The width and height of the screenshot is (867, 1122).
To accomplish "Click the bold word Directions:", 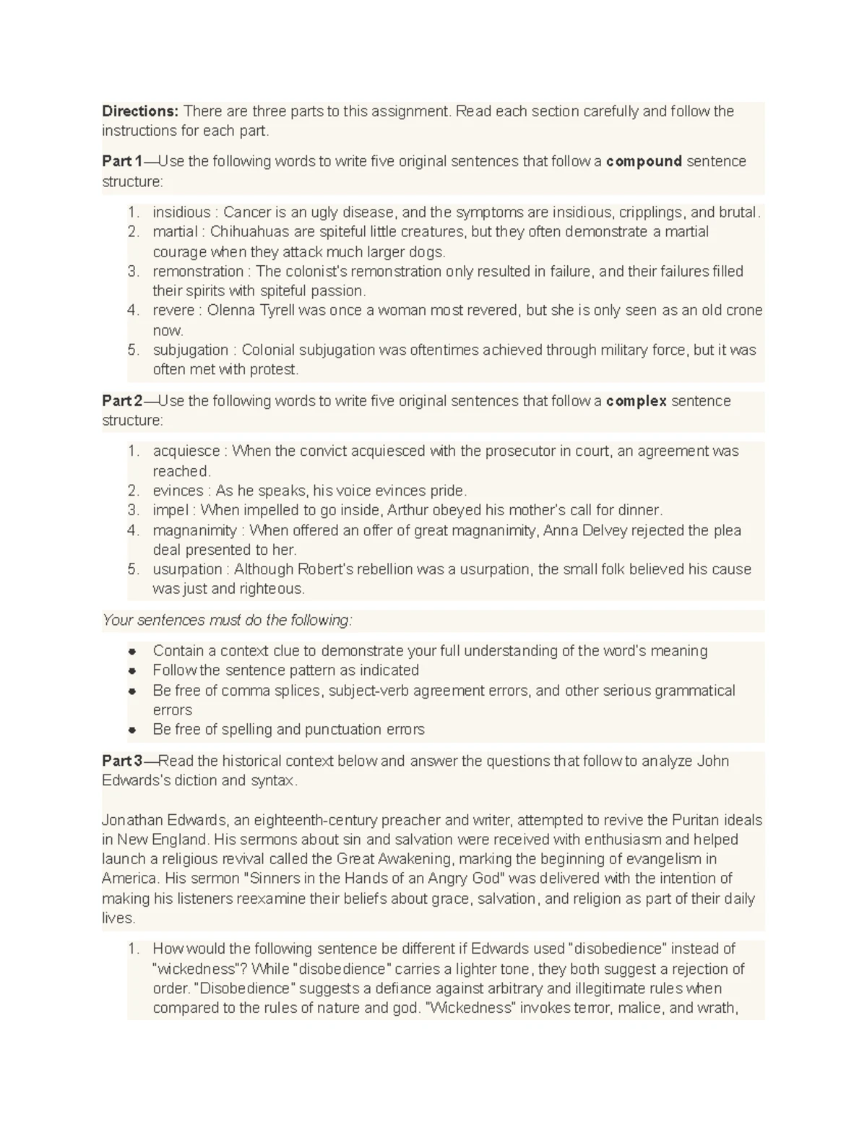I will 139,111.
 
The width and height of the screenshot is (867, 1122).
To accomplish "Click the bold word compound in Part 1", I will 644,161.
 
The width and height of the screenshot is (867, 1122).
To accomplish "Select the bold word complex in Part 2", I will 636,401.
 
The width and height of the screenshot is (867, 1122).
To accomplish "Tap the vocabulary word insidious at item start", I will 181,212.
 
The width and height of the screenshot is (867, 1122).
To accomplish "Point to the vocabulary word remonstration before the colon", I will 198,272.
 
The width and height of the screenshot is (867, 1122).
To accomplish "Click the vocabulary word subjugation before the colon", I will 190,350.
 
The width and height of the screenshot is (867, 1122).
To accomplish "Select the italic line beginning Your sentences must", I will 227,621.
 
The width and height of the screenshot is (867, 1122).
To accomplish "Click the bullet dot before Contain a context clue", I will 132,652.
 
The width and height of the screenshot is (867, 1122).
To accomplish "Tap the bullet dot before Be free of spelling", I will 132,730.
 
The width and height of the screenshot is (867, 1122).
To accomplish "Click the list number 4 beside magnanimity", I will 132,531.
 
